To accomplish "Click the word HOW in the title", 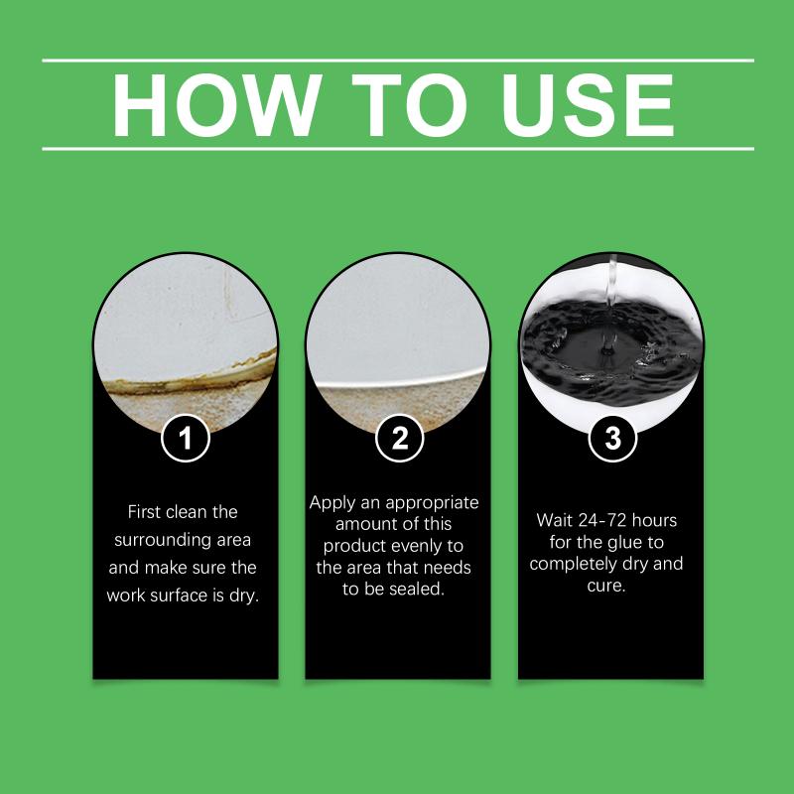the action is pos(216,105).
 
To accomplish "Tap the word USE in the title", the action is pos(587,105).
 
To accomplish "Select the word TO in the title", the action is pos(409,105).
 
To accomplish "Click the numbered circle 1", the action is pos(186,438).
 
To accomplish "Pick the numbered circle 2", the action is pos(400,438).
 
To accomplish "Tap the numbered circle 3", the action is pos(612,438).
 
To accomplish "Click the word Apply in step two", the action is pos(332,503).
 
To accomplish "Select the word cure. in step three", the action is pos(606,587).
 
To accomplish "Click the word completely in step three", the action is pos(574,565).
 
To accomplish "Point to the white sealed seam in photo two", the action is pos(400,381).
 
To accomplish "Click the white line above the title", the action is pos(398,61).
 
